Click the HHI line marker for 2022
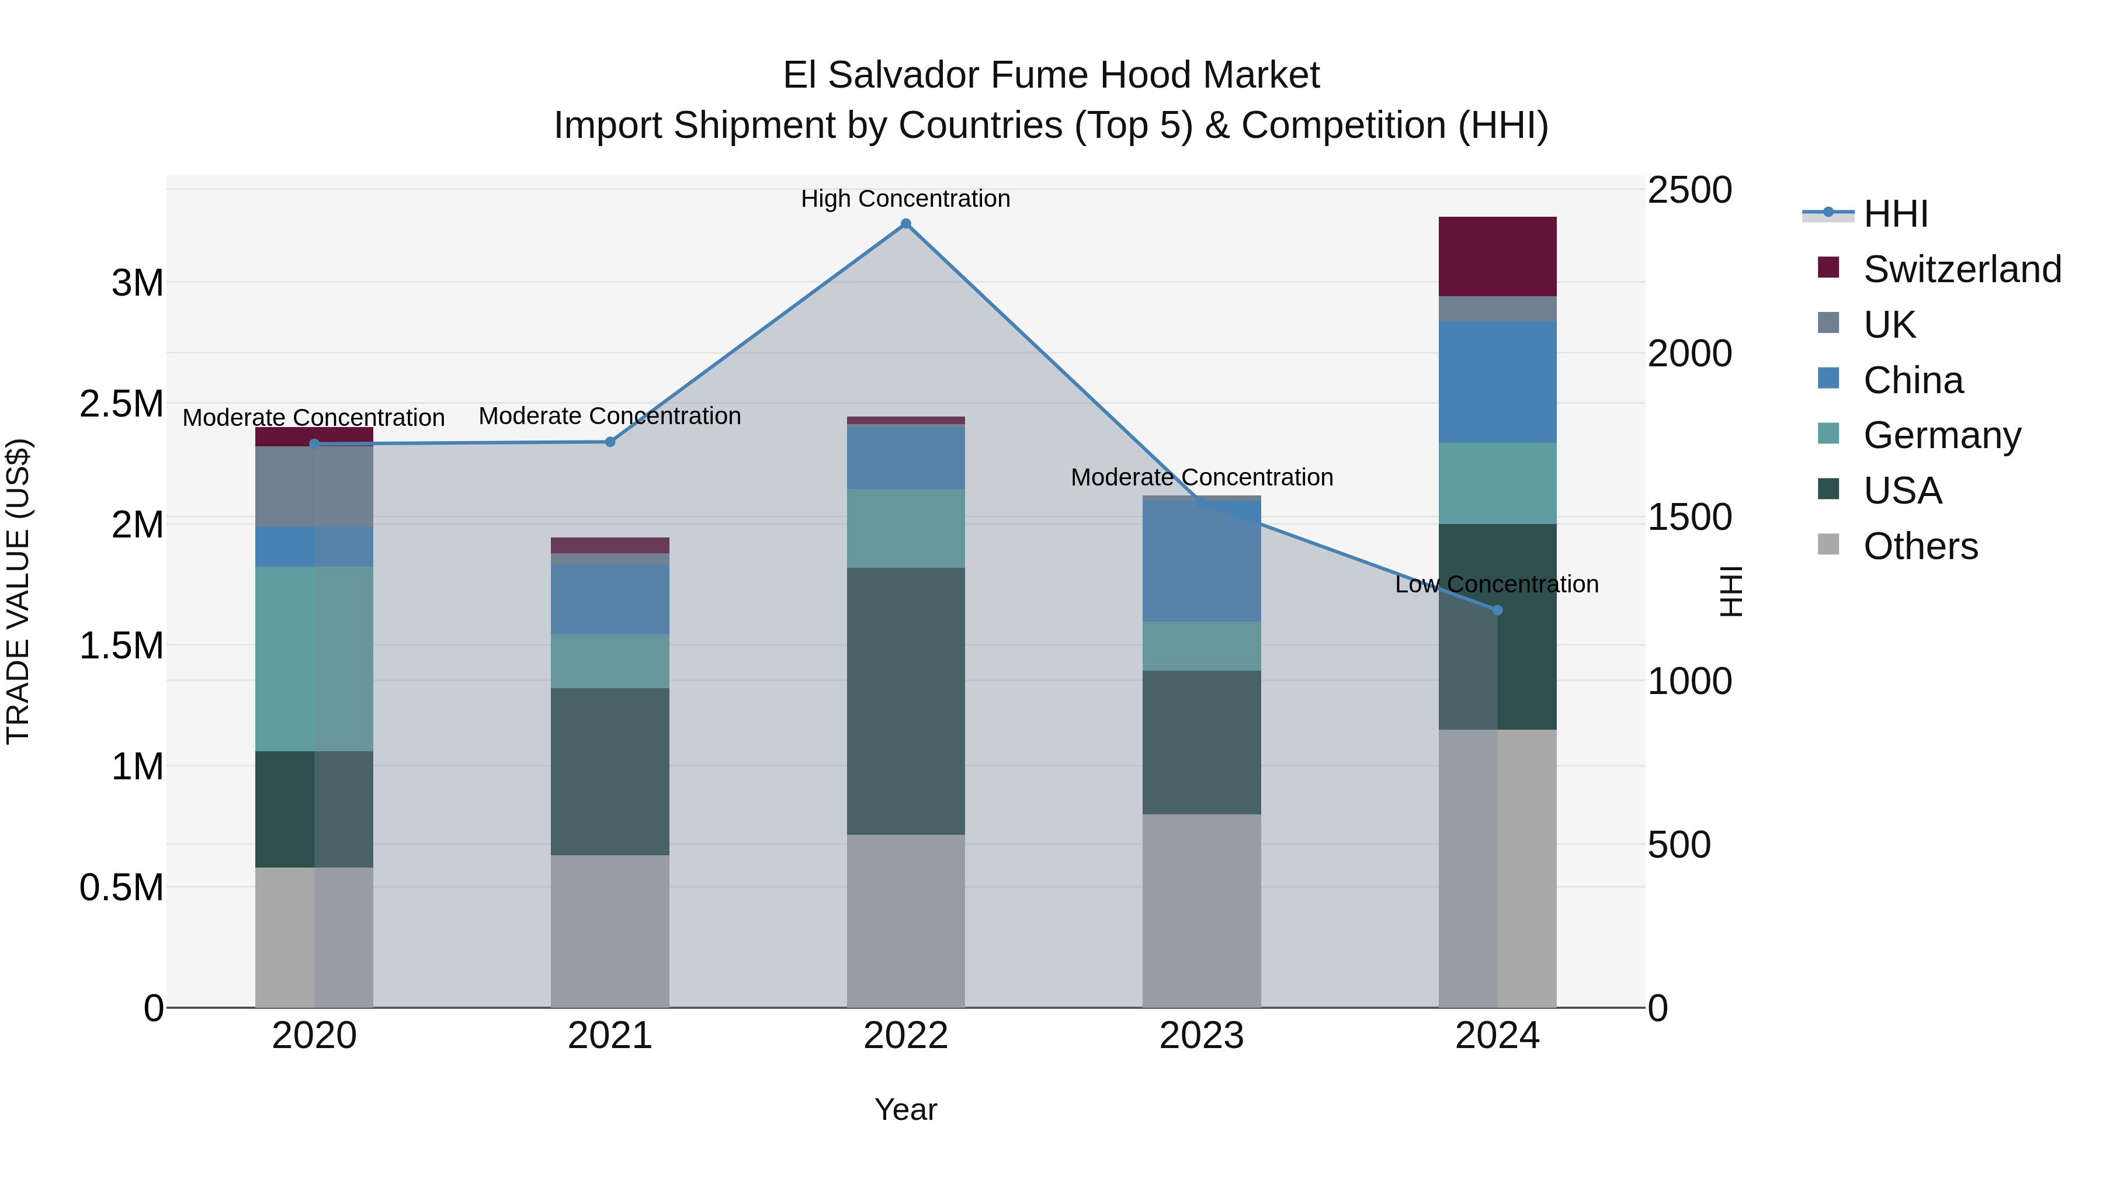905,224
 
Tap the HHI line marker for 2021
610,442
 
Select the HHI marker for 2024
1497,610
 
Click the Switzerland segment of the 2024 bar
1497,256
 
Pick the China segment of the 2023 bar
1201,561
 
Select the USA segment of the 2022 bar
905,700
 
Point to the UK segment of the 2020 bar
314,487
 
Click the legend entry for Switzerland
1962,269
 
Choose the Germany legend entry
1941,435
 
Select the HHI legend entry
1895,214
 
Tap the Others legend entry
1920,546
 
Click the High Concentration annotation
905,199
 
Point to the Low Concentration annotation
1497,585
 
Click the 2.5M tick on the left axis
122,403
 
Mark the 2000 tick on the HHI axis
1689,353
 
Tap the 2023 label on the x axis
1201,1036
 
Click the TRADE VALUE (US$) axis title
19,591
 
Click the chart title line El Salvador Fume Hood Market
1051,75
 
